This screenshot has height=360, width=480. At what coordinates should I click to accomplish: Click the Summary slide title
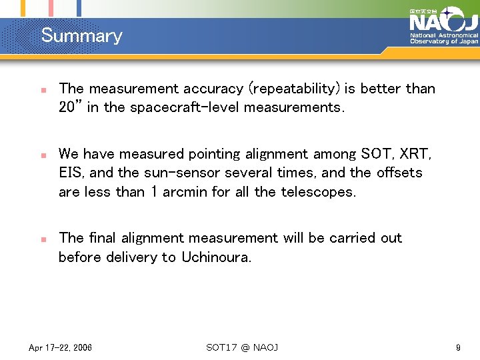(x=82, y=35)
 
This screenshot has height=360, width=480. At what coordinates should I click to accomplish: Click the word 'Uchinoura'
(x=216, y=257)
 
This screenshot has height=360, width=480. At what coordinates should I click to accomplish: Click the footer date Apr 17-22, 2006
(x=61, y=348)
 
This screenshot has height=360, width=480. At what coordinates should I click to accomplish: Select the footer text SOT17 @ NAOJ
(x=242, y=348)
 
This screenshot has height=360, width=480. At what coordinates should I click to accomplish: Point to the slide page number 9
(x=458, y=348)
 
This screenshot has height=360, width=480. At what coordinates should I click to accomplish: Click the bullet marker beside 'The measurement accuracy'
(x=42, y=89)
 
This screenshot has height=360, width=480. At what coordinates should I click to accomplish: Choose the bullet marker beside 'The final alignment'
(x=42, y=239)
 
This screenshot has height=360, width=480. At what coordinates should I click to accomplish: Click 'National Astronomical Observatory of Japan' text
(x=443, y=38)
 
